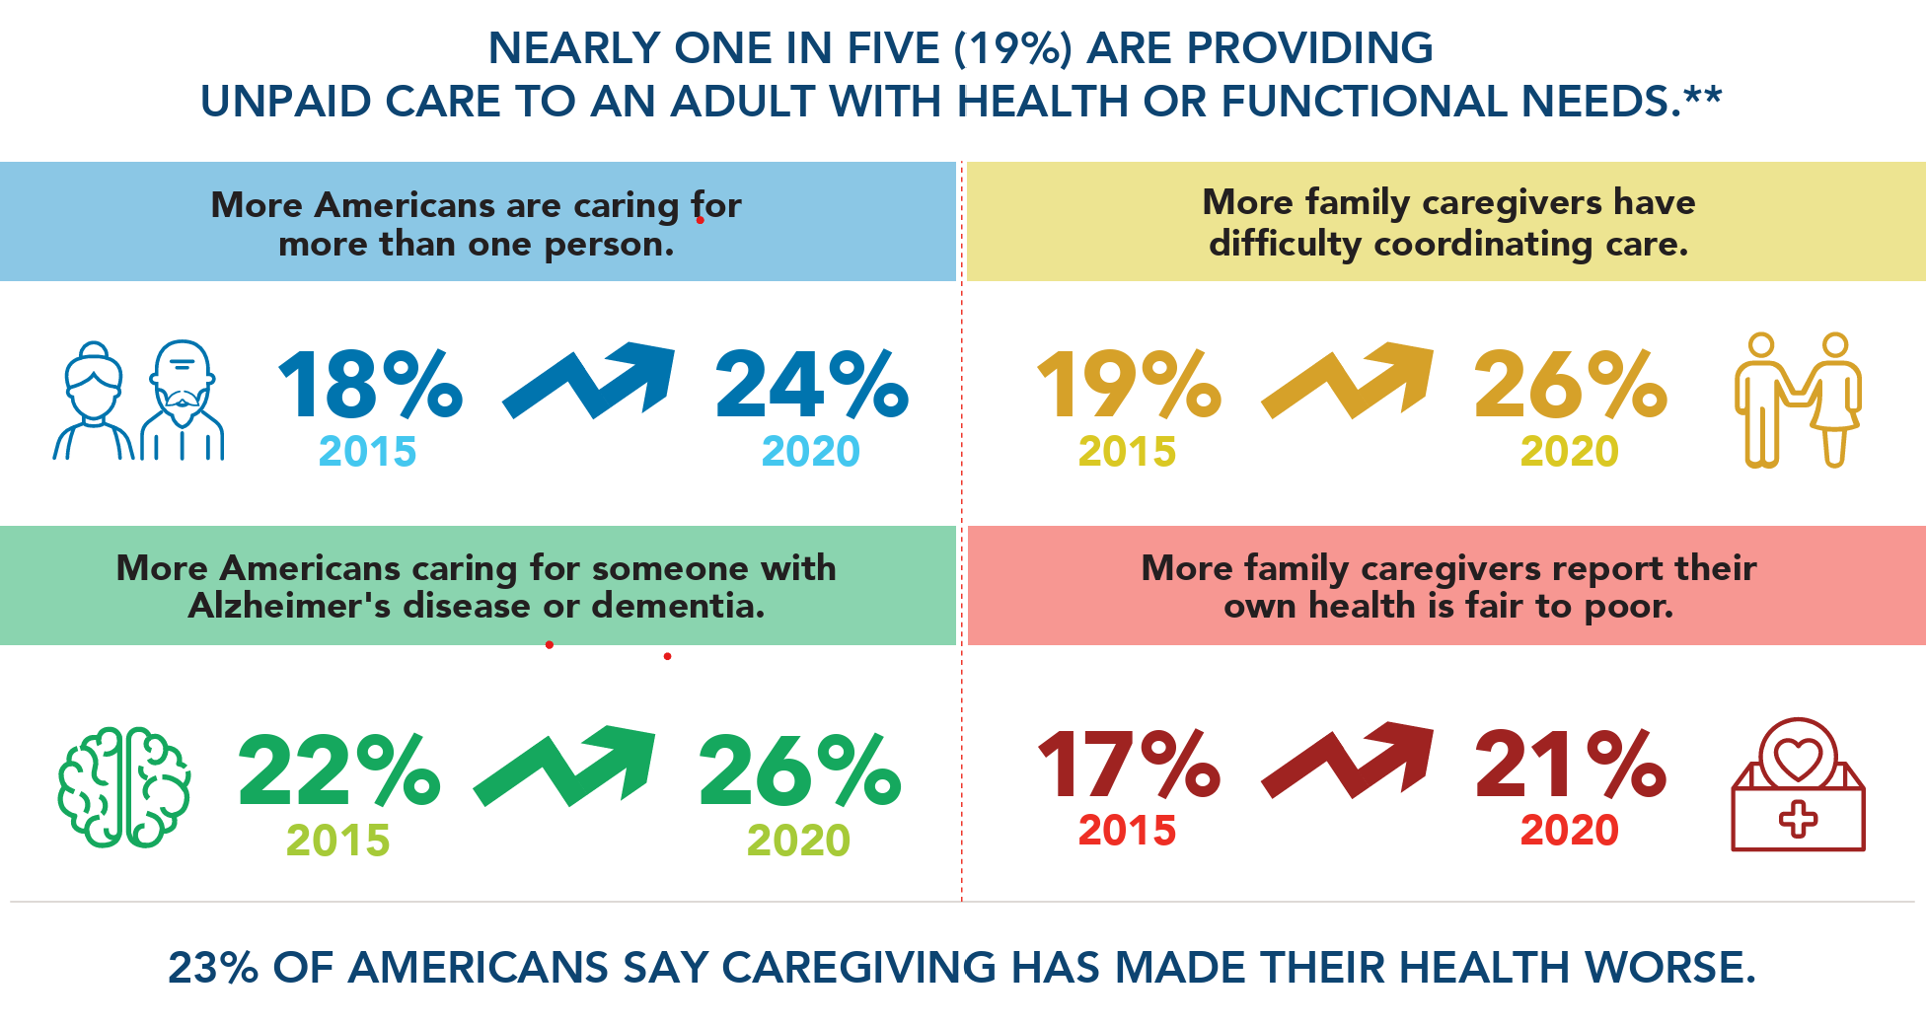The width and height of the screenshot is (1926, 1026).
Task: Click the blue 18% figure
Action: pyautogui.click(x=370, y=385)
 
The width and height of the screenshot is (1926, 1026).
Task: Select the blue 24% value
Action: pyautogui.click(x=811, y=385)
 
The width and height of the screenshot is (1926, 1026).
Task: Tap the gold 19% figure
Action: pyautogui.click(x=1128, y=385)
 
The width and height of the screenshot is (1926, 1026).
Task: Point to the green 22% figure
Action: pyautogui.click(x=338, y=770)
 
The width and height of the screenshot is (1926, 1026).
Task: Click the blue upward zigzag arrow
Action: pyautogui.click(x=590, y=380)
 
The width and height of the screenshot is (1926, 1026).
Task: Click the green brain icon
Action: pyautogui.click(x=124, y=787)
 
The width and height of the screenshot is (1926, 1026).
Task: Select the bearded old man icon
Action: pyautogui.click(x=184, y=400)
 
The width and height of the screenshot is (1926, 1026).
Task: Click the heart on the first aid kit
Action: pyautogui.click(x=1798, y=758)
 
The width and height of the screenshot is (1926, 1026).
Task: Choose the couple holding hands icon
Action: pyautogui.click(x=1798, y=400)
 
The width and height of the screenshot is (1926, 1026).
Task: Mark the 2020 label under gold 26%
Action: pyautogui.click(x=1569, y=452)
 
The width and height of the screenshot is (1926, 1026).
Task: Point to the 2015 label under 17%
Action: pyautogui.click(x=1127, y=831)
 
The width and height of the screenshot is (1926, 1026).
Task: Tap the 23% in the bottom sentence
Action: pyautogui.click(x=213, y=968)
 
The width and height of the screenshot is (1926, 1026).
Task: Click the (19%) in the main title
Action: pyautogui.click(x=1013, y=48)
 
